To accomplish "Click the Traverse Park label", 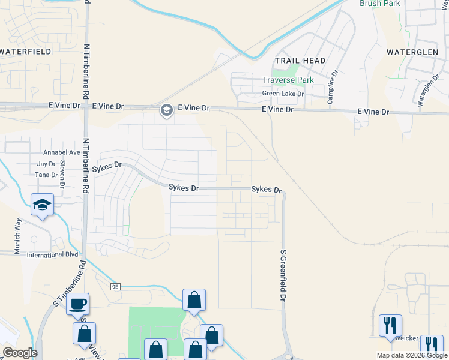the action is point(288,80).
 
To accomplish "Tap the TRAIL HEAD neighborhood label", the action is point(300,61).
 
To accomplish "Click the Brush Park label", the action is point(379,3).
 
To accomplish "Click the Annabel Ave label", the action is point(62,152).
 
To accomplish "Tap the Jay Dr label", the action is point(46,164).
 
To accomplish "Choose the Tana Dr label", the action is point(46,175).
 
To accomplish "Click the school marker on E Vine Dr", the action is point(166,110).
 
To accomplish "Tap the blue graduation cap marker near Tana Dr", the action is point(43,205).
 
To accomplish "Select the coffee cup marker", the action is point(77,304).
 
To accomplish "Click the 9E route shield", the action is point(116,287).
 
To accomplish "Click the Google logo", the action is point(20,353).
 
